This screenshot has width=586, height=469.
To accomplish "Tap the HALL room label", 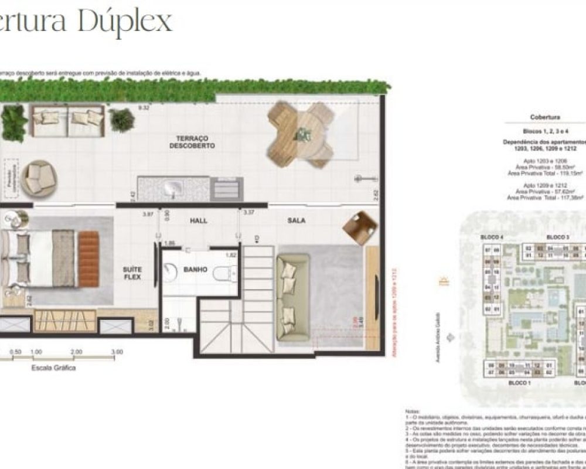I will [x=199, y=221].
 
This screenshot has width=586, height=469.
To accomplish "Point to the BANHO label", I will [x=195, y=270].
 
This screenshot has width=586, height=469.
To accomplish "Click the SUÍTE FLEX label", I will [x=132, y=273].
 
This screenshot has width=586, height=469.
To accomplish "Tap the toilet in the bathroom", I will [x=224, y=273].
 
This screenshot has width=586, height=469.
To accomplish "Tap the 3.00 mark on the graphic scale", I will [x=117, y=352].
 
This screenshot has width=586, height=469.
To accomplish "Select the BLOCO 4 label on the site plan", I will [x=492, y=237].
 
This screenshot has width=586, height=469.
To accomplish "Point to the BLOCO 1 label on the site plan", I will [x=519, y=382].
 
